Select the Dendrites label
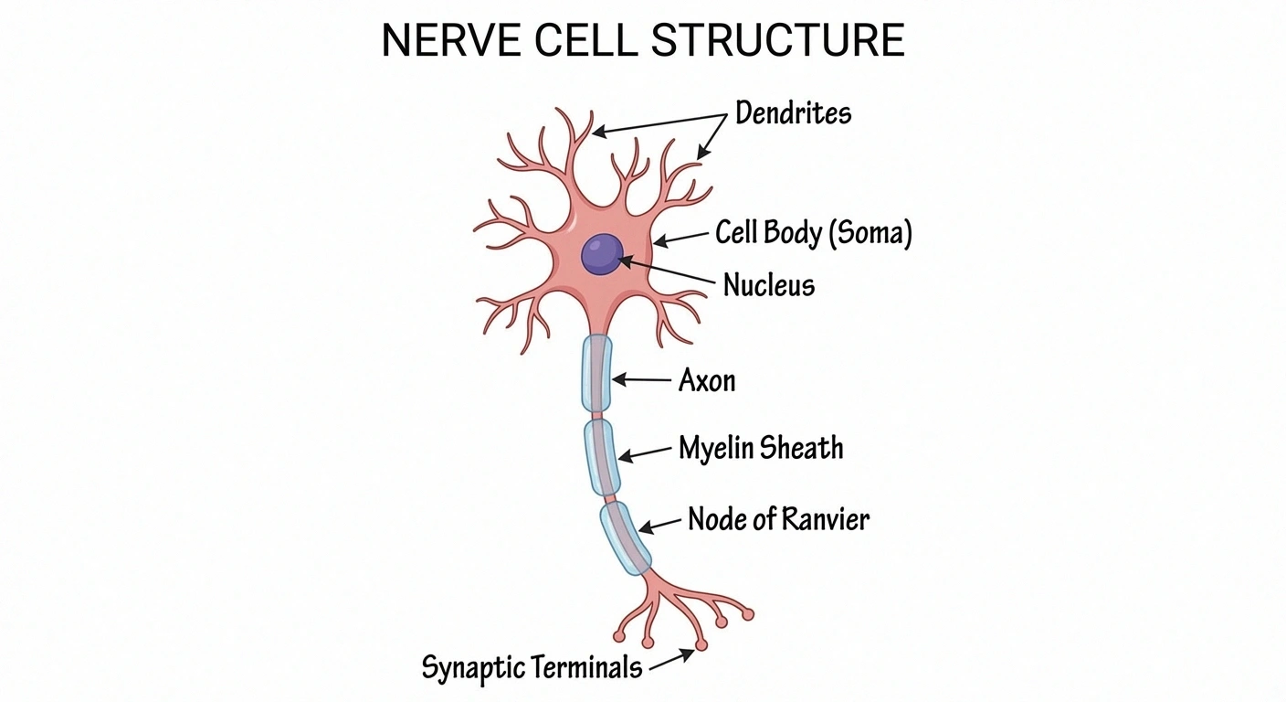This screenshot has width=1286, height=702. click(x=793, y=113)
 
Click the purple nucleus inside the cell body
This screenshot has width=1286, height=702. click(x=602, y=254)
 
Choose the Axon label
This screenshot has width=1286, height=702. click(x=706, y=379)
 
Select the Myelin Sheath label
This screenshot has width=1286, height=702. click(x=761, y=448)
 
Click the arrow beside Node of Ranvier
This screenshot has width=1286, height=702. click(x=660, y=524)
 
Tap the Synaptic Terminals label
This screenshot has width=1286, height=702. click(x=532, y=667)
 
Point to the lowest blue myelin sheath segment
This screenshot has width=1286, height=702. click(x=626, y=538)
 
